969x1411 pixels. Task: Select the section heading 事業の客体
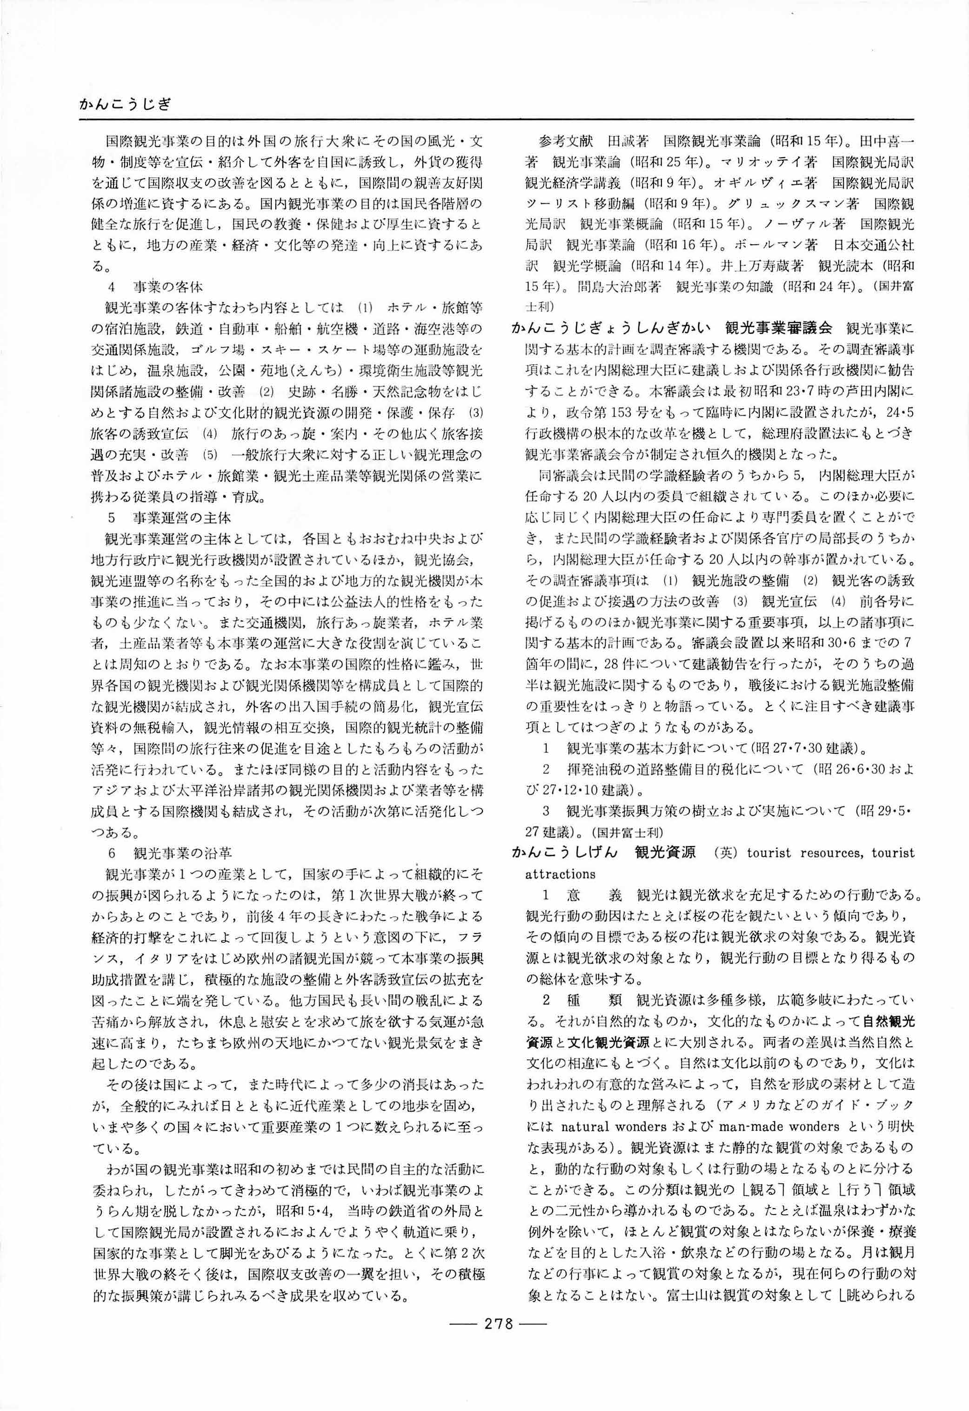(x=168, y=287)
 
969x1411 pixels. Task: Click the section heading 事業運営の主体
(x=182, y=518)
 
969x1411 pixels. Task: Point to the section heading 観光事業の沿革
(x=182, y=853)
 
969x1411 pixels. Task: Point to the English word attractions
(x=560, y=873)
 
